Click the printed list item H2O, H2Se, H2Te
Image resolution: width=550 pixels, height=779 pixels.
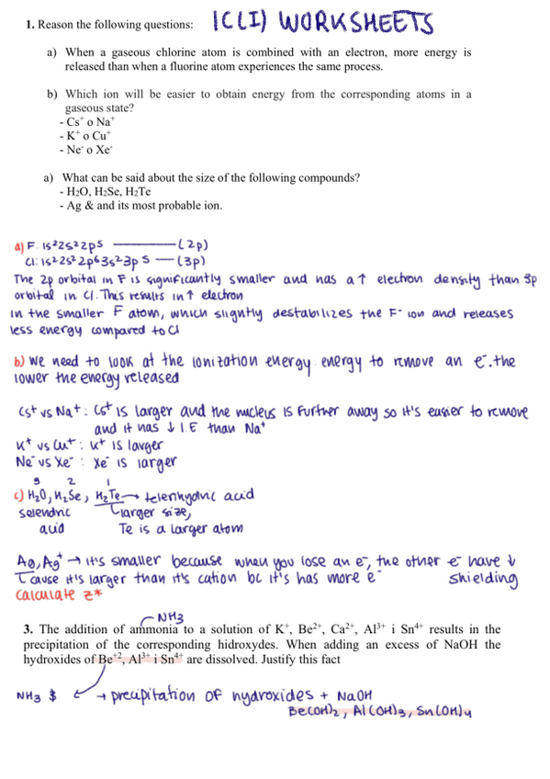(x=104, y=191)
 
